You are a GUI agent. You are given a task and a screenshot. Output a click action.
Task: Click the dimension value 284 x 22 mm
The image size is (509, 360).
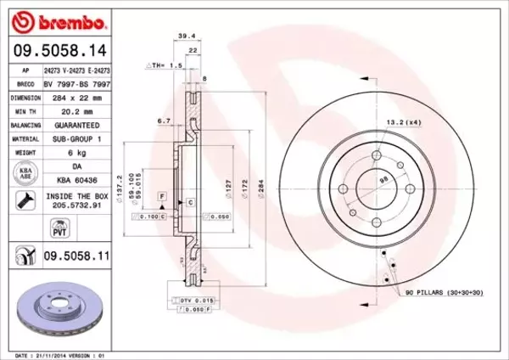[x=76, y=98]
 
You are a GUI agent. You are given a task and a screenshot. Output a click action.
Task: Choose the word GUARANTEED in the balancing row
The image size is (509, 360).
[x=76, y=124]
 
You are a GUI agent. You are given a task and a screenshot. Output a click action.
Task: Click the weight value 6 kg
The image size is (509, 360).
[x=76, y=154]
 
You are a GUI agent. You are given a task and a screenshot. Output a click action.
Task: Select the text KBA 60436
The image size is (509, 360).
[x=76, y=181]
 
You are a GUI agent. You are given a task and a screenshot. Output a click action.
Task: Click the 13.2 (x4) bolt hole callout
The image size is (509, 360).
[x=402, y=123]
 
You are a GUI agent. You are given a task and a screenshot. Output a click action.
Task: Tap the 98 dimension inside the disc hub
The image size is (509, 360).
[x=383, y=179]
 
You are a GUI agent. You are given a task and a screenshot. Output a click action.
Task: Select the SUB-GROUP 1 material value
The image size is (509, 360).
[x=76, y=138]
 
